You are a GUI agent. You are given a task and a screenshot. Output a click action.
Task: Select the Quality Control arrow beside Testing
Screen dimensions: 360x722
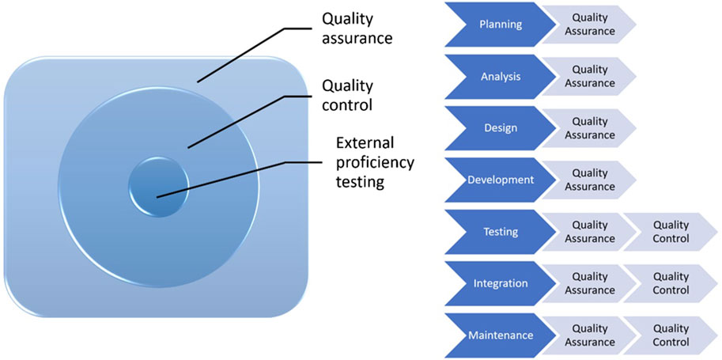(x=669, y=232)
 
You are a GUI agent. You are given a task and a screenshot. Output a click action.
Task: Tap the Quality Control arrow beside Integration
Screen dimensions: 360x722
(x=669, y=283)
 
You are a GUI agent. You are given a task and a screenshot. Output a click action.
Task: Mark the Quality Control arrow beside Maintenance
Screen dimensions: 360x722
(x=669, y=335)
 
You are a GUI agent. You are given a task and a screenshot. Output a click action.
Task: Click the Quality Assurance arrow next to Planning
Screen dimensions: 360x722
(x=589, y=25)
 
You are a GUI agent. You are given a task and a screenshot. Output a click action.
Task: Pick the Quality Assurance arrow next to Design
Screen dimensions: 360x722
(x=589, y=128)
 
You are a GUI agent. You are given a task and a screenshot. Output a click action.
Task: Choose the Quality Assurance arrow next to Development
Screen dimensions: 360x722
(x=589, y=180)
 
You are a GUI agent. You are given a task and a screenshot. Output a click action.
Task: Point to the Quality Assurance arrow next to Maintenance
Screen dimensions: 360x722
(x=589, y=335)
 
